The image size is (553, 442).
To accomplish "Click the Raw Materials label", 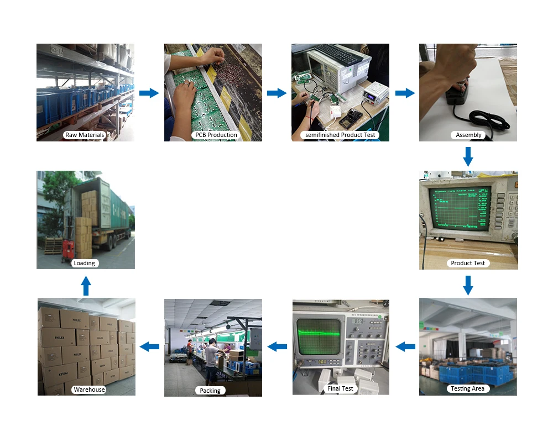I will pyautogui.click(x=84, y=135).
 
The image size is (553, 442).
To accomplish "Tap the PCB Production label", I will pyautogui.click(x=216, y=135).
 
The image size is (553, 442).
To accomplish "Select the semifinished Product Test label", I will pyautogui.click(x=340, y=135).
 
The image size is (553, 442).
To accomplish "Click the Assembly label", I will pyautogui.click(x=468, y=135).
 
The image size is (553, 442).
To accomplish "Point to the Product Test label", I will pyautogui.click(x=468, y=263).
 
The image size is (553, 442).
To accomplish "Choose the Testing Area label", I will pyautogui.click(x=468, y=388).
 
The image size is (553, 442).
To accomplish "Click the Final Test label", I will pyautogui.click(x=340, y=388).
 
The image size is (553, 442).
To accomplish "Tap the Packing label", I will pyautogui.click(x=210, y=391).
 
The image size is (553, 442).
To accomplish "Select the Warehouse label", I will pyautogui.click(x=89, y=390).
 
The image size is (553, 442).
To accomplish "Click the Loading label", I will pyautogui.click(x=85, y=263).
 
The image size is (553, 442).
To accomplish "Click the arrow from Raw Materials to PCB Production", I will pyautogui.click(x=149, y=93).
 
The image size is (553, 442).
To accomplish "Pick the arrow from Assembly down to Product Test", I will pyautogui.click(x=468, y=156).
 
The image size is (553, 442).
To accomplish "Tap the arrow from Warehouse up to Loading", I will pyautogui.click(x=86, y=286).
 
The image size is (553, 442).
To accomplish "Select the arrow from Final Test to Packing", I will pyautogui.click(x=277, y=346).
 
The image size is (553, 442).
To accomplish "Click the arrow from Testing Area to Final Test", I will pyautogui.click(x=405, y=346).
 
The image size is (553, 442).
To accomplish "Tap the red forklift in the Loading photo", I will pyautogui.click(x=69, y=248).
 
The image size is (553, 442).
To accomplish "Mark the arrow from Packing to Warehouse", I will pyautogui.click(x=149, y=346).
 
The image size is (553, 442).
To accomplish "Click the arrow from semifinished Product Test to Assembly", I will pyautogui.click(x=405, y=93).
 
